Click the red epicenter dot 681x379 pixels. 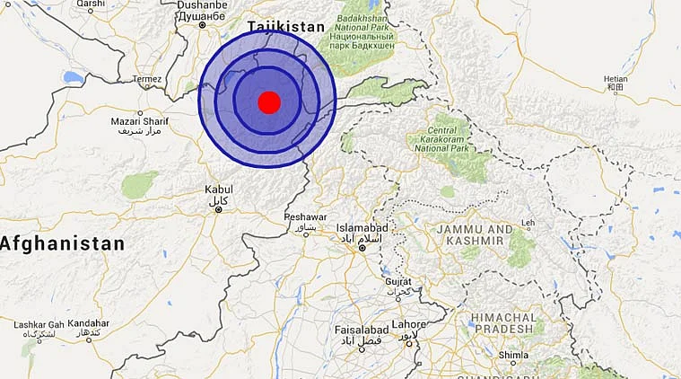coord(269,101)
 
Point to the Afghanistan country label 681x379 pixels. coord(62,243)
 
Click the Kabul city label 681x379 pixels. coord(218,189)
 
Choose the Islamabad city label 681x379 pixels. coord(362,229)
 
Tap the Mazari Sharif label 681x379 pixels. coord(141,121)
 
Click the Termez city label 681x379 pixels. coord(147,79)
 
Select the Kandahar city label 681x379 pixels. coord(88,323)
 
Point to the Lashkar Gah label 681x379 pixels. coord(39,324)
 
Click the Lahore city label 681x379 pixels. coord(408,324)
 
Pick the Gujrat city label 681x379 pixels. coord(397,281)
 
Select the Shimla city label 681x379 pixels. coord(514,355)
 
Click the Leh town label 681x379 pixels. coord(528,223)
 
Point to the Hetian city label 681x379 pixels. coord(616,79)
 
